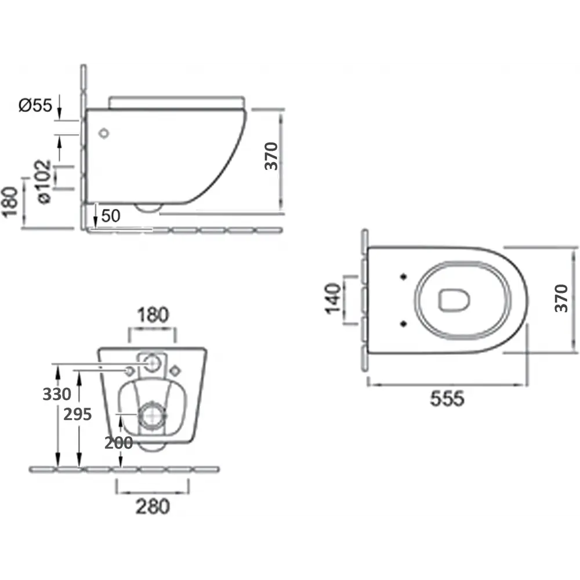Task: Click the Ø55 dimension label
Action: pos(35,106)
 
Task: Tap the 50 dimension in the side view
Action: pos(110,216)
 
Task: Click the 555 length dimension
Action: pos(447,399)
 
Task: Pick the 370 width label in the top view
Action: pos(561,299)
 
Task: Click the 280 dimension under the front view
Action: pos(153,506)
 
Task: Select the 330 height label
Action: pos(57,394)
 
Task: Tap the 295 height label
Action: pos(77,414)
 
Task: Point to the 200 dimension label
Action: pos(118,443)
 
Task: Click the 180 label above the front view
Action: pos(153,316)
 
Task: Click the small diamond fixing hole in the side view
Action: pos(104,133)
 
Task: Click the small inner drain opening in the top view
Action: pos(452,300)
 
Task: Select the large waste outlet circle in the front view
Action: pos(152,415)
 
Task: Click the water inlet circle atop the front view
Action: pos(152,363)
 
